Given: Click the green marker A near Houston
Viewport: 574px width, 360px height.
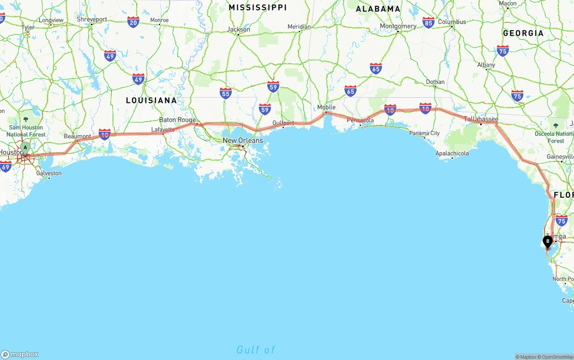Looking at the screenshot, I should [x=26, y=147].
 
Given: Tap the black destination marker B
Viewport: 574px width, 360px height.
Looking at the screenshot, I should [x=547, y=242].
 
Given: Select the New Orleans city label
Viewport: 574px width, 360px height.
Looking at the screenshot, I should [x=243, y=140].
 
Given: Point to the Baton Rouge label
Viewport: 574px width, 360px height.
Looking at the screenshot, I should [x=177, y=120].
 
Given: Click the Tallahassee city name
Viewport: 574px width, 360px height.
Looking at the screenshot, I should [x=481, y=119].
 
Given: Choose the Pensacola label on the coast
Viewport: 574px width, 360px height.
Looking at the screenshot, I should [x=360, y=120].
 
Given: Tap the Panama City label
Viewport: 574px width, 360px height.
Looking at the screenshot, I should [x=424, y=133].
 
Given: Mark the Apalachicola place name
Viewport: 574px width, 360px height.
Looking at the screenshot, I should [x=452, y=153].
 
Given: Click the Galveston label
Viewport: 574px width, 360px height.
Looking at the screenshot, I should [x=49, y=173].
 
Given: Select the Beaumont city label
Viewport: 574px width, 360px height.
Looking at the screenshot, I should [x=77, y=136].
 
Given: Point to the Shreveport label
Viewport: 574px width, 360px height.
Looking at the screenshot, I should [x=92, y=19].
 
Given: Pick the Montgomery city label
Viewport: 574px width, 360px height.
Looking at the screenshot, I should [x=398, y=26].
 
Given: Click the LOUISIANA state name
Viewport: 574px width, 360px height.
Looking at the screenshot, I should [x=151, y=100].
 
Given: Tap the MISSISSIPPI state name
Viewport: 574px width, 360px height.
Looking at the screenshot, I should [x=257, y=8].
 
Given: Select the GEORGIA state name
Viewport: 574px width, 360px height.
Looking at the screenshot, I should [x=523, y=33].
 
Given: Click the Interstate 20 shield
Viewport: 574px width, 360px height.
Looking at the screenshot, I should [x=133, y=22].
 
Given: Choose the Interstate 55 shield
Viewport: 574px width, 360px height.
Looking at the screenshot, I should [x=226, y=93].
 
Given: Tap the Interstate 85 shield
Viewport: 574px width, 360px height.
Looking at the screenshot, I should [x=428, y=22].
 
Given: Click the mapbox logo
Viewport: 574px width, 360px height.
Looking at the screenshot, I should [x=20, y=354].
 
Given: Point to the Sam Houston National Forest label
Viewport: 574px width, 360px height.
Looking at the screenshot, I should [x=26, y=131].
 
